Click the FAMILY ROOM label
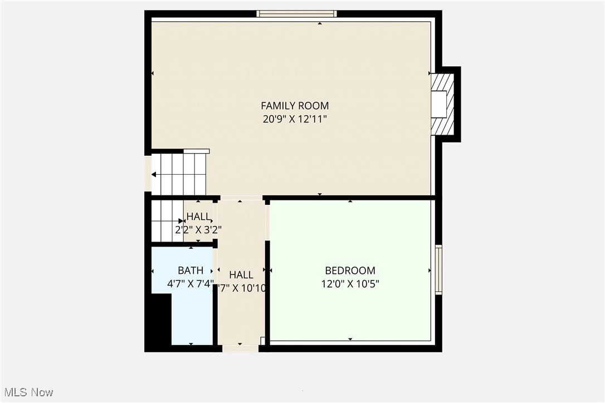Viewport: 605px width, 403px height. point(295,105)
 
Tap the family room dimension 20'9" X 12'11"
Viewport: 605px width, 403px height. point(295,119)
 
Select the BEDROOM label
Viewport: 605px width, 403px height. point(350,271)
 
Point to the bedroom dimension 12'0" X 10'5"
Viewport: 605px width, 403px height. point(350,284)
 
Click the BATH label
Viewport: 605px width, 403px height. point(191,271)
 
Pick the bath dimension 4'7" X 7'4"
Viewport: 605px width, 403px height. point(191,283)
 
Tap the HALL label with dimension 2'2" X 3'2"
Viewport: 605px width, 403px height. point(198,217)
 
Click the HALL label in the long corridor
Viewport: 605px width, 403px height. point(241,274)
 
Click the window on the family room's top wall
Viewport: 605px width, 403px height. point(296,13)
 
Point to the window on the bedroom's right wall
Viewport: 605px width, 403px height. point(438,269)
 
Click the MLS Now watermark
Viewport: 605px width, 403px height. point(27,392)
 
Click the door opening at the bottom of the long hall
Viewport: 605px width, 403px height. point(240,348)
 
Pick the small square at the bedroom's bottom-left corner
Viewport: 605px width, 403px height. point(263,340)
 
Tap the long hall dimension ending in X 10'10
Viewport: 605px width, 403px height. point(242,288)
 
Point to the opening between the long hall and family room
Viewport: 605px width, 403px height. point(240,197)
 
